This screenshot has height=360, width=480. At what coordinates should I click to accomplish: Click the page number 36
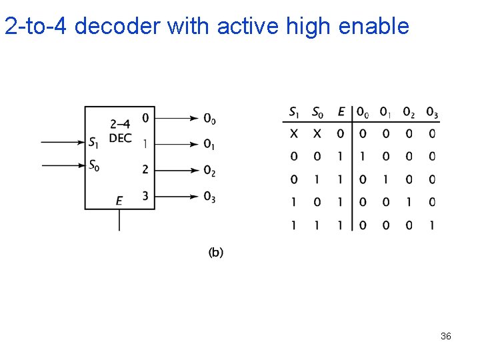click(446, 336)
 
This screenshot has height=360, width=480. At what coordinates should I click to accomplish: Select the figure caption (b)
click(216, 252)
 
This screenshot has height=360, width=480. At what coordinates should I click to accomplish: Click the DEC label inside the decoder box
click(120, 138)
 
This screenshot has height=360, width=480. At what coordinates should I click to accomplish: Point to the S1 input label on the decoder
click(94, 142)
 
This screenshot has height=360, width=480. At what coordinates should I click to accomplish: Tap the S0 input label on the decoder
click(94, 165)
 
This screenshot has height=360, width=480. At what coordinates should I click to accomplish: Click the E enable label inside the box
click(119, 201)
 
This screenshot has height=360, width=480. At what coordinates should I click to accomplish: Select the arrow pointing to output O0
click(177, 119)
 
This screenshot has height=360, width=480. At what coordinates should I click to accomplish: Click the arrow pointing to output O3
click(177, 196)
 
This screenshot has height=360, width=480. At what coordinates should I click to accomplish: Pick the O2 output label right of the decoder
click(209, 171)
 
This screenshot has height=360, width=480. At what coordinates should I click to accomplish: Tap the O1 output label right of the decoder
click(209, 145)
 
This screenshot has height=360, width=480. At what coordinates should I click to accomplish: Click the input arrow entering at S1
click(63, 142)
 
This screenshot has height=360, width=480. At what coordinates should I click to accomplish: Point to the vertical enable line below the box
click(119, 220)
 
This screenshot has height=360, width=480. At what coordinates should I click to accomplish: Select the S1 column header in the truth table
click(295, 112)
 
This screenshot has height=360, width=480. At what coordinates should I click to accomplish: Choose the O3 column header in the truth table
click(432, 112)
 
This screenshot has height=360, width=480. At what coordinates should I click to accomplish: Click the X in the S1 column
click(294, 134)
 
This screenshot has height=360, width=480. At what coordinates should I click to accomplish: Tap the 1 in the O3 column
click(432, 225)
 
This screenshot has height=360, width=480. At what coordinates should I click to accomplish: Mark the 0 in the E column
click(341, 134)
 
